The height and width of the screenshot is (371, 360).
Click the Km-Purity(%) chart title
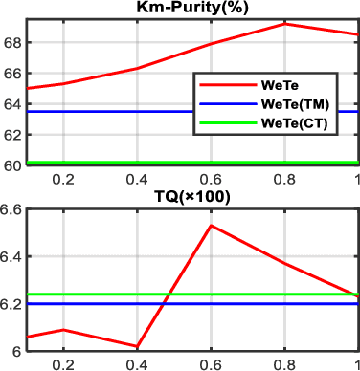(192, 9)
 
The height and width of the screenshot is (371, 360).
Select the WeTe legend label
(277, 82)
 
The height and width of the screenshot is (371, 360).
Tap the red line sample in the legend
(218, 82)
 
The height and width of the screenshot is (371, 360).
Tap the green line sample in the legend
(218, 124)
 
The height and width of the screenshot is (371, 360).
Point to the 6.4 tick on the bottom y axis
(13, 257)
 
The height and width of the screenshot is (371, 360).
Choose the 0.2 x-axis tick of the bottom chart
(64, 364)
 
